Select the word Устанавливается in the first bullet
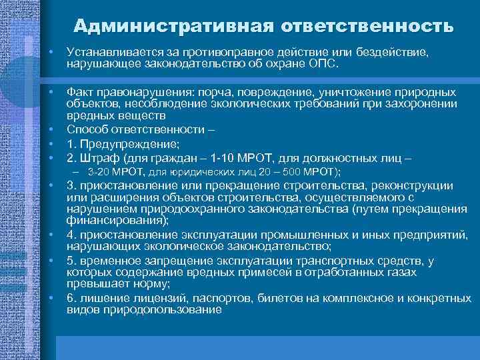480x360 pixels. pos(109,52)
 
